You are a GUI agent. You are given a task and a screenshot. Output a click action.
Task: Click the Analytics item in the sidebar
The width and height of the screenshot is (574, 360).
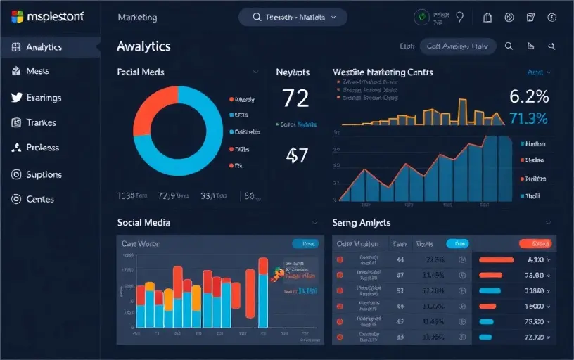44,47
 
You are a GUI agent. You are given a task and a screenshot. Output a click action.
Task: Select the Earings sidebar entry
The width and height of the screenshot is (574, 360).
44,98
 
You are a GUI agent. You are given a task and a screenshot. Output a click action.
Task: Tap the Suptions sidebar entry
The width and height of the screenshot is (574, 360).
44,174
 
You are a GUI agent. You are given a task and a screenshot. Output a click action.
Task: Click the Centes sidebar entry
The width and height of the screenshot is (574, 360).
40,199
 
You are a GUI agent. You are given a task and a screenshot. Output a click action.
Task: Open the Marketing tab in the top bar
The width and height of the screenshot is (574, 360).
138,17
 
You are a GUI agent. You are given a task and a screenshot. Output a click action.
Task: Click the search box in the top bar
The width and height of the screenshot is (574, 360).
293,17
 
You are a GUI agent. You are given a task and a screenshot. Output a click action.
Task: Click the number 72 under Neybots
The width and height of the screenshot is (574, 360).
295,98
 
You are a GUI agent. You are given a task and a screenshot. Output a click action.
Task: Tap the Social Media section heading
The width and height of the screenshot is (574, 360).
143,222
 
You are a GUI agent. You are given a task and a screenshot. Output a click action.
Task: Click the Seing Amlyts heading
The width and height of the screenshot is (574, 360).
361,222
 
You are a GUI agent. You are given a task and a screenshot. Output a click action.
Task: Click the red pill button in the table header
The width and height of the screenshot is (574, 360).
535,243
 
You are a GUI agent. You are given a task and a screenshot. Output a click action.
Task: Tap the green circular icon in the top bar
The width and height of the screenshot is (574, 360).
421,17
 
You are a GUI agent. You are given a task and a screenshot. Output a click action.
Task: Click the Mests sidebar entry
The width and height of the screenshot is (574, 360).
37,71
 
